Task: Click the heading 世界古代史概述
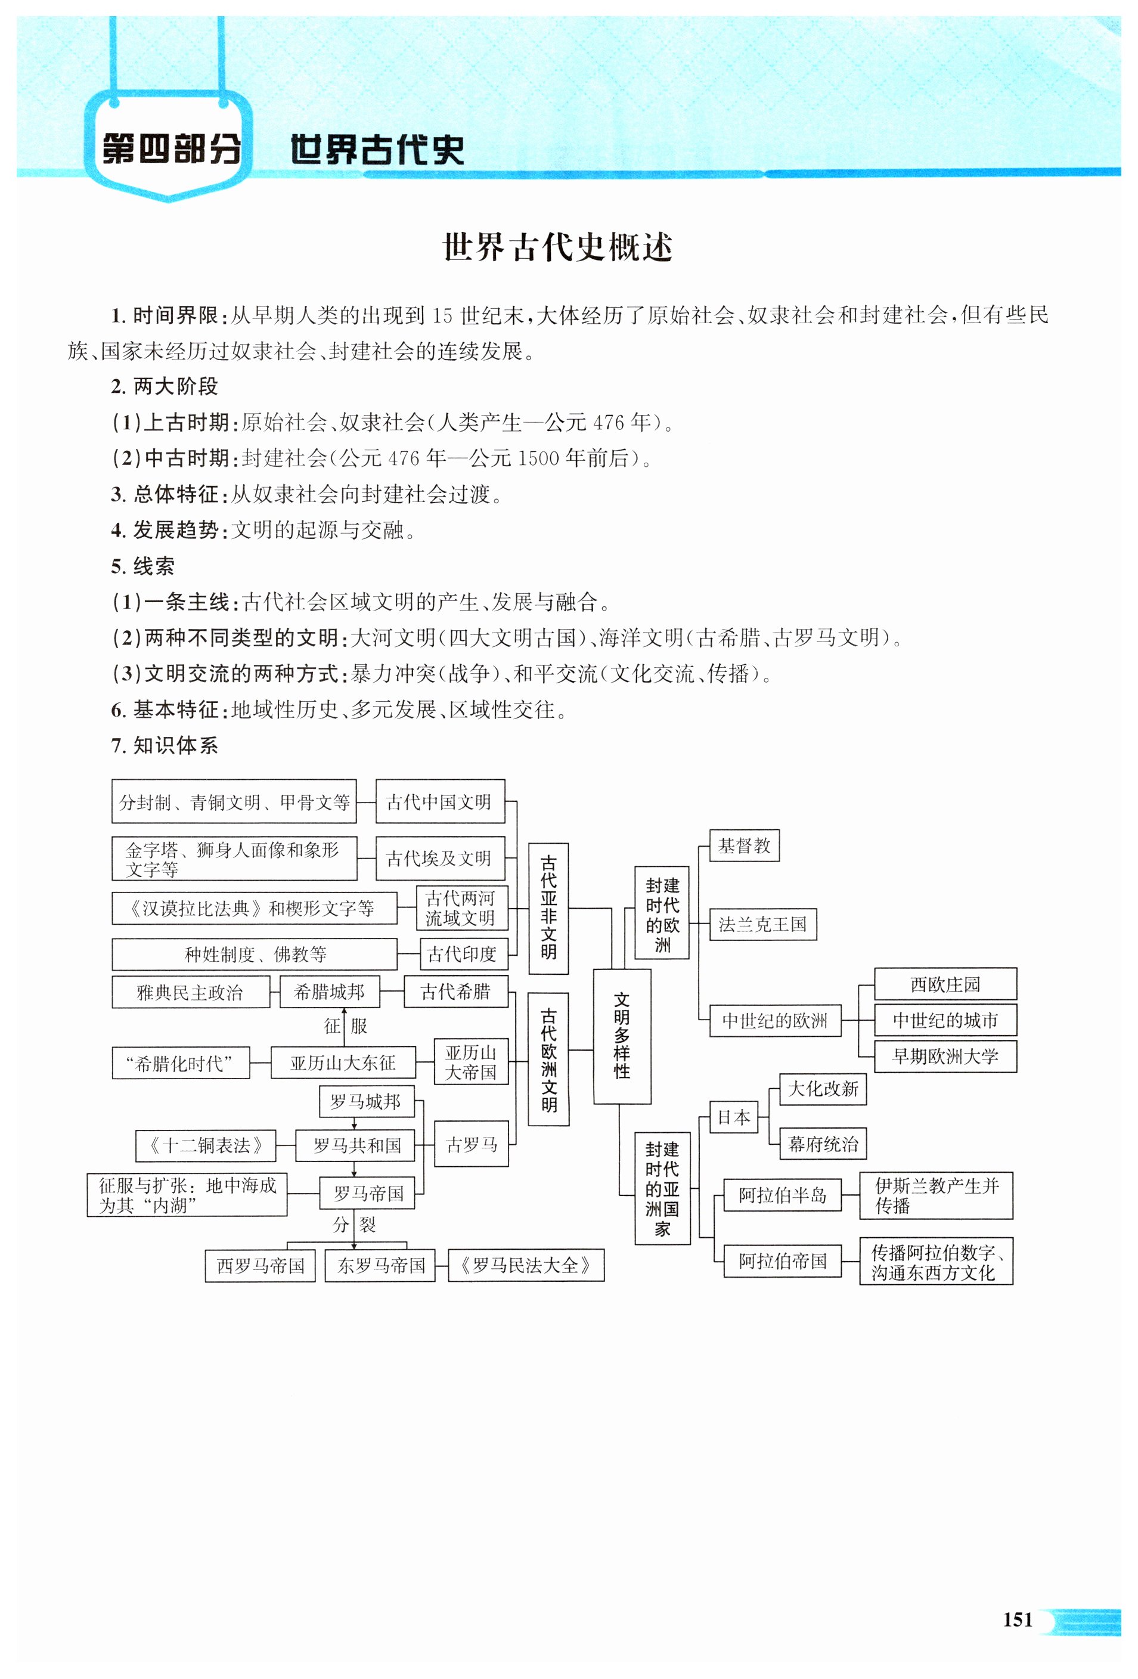557,247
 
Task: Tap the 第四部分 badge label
170,150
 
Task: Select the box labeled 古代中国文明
439,801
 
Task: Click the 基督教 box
743,845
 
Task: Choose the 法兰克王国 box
762,924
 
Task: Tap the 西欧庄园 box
945,984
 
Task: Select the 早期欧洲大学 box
945,1057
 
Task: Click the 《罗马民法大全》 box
525,1265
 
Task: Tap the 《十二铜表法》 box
205,1145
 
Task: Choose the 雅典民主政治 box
190,992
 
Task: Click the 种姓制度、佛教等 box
255,955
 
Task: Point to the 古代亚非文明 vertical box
548,908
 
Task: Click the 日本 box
733,1118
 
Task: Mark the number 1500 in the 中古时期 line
538,458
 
